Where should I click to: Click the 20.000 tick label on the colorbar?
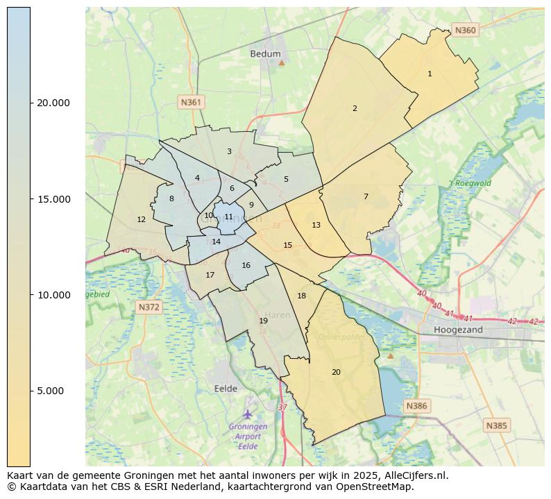pyautogui.click(x=53, y=103)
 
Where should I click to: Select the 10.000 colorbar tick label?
pyautogui.click(x=53, y=295)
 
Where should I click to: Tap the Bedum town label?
pyautogui.click(x=265, y=53)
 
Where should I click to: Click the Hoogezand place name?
pyautogui.click(x=457, y=330)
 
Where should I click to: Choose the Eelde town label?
pyautogui.click(x=226, y=389)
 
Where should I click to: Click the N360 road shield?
pyautogui.click(x=464, y=30)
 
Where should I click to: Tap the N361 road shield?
pyautogui.click(x=190, y=102)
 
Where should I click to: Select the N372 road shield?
pyautogui.click(x=149, y=307)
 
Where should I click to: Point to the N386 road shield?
pyautogui.click(x=417, y=406)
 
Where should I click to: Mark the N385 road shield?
pyautogui.click(x=497, y=425)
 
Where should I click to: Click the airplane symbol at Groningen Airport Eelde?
pyautogui.click(x=248, y=414)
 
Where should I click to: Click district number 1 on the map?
pyautogui.click(x=430, y=74)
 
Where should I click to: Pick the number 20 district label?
pyautogui.click(x=336, y=373)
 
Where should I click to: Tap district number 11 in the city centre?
pyautogui.click(x=228, y=217)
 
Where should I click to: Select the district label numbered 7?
pyautogui.click(x=366, y=196)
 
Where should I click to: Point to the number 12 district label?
pyautogui.click(x=141, y=219)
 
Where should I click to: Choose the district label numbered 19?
pyautogui.click(x=263, y=321)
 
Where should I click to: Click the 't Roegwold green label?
pyautogui.click(x=470, y=183)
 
